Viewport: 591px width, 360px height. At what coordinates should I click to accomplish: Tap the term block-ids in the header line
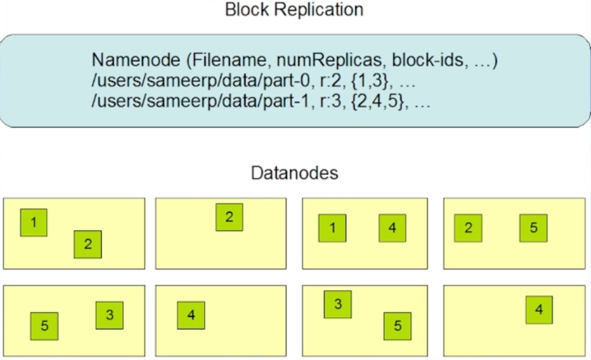tap(424, 61)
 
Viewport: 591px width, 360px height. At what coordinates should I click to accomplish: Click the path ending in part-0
tap(195, 81)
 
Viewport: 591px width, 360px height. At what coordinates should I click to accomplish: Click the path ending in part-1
tap(195, 102)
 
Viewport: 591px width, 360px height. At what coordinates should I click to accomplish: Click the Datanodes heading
tap(294, 173)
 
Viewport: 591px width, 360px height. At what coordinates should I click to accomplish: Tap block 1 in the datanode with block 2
tap(33, 223)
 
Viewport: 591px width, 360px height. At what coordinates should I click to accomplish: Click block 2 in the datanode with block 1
tap(88, 244)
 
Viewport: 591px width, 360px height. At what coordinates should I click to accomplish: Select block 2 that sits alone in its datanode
tap(229, 217)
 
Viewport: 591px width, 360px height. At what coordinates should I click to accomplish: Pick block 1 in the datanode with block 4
tap(332, 228)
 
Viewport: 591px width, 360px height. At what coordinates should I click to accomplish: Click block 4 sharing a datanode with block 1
tap(392, 228)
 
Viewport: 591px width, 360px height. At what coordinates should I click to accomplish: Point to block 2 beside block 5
tap(468, 228)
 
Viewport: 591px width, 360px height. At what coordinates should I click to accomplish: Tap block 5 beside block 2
tap(533, 228)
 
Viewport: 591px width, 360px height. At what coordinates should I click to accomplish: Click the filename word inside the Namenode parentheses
tap(225, 61)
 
